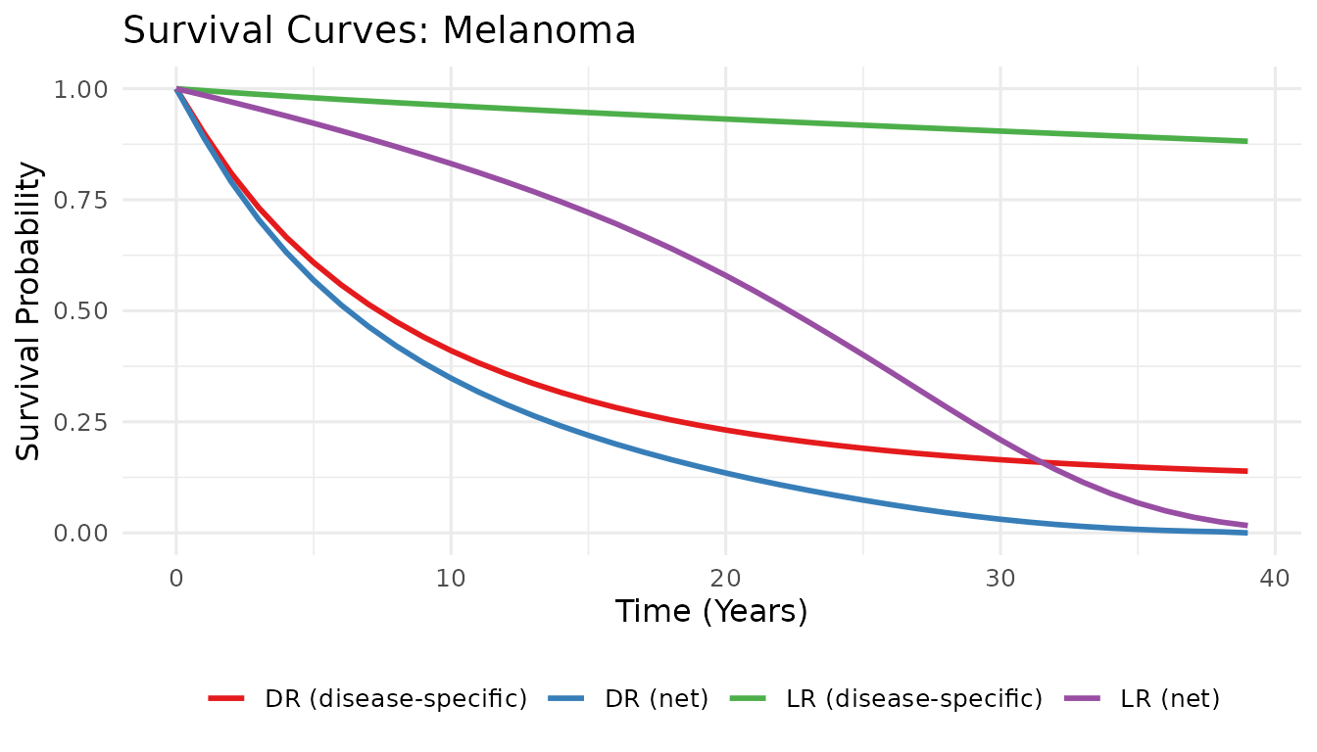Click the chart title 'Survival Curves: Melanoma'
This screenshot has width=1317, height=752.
point(379,31)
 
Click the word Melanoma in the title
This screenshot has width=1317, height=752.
point(539,31)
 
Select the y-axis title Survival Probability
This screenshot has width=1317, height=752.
point(30,311)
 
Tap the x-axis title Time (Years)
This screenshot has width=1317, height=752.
point(711,612)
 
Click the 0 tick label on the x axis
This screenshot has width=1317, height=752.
point(176,579)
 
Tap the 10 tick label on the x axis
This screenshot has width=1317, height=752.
point(451,579)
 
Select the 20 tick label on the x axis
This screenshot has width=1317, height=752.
point(725,579)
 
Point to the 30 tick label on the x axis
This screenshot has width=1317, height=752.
point(1000,579)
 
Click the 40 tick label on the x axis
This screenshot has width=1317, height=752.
point(1274,579)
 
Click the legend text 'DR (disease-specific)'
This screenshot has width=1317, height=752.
point(396,699)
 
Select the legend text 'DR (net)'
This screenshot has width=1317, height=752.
point(657,699)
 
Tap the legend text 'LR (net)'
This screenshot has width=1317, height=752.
point(1171,699)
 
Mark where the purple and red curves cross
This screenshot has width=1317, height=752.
point(1043,461)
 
